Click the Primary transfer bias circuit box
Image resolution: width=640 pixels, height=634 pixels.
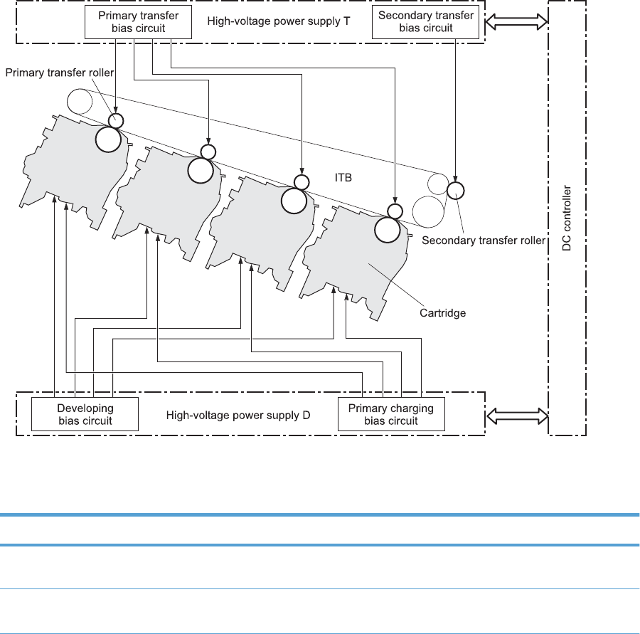click(138, 22)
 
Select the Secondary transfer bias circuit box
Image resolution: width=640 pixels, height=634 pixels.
click(426, 22)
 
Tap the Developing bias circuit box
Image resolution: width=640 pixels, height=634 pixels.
click(85, 413)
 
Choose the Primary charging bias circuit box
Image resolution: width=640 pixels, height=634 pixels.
click(390, 413)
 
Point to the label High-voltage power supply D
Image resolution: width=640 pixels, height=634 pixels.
click(238, 413)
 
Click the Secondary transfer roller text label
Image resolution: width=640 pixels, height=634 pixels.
click(484, 241)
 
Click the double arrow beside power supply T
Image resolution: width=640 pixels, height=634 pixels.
click(516, 23)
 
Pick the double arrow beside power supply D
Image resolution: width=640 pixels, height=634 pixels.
click(516, 413)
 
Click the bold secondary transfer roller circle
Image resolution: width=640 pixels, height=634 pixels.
click(455, 190)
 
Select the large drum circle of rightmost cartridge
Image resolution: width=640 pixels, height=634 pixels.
click(388, 229)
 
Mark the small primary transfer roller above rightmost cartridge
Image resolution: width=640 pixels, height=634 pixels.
click(395, 210)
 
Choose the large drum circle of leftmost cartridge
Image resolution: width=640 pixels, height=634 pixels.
click(109, 139)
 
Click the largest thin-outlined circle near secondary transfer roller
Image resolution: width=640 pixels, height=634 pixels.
click(427, 211)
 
